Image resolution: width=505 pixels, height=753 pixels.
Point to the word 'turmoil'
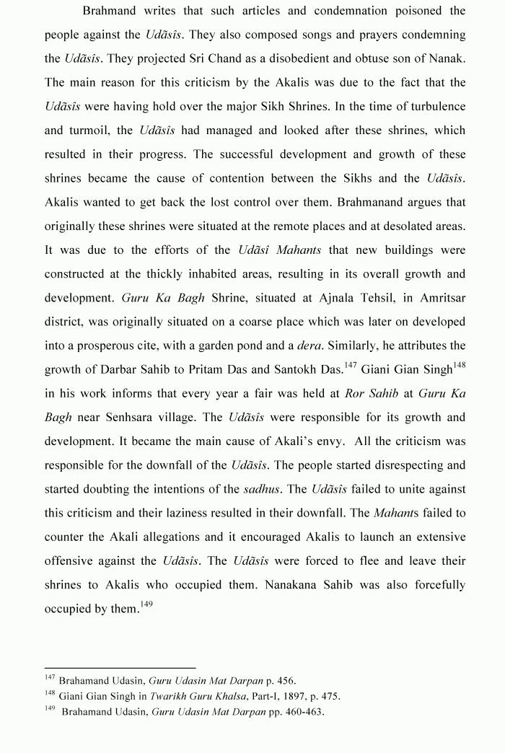[x=89, y=131]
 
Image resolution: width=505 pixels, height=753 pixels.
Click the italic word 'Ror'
[x=355, y=394]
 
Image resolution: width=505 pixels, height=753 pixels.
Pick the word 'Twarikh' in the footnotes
[x=171, y=696]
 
